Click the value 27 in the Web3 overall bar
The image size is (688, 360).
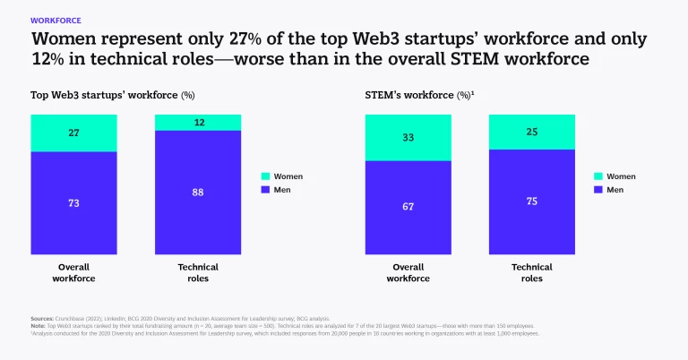[x=73, y=133]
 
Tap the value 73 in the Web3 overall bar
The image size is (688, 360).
[x=73, y=203]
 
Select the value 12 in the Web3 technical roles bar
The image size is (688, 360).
[x=198, y=122]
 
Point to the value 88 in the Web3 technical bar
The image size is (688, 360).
[x=198, y=192]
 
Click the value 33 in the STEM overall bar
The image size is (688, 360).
[x=408, y=137]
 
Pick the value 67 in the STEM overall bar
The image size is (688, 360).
[x=408, y=208]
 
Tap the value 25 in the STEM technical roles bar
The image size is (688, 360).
[x=531, y=132]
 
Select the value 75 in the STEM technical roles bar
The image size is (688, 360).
[x=531, y=201]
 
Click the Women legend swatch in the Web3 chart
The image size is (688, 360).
[x=265, y=176]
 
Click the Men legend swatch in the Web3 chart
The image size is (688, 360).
[x=265, y=190]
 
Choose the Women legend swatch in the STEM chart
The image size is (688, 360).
[x=598, y=176]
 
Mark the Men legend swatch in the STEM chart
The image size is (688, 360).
[x=598, y=190]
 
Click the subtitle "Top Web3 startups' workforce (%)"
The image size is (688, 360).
[x=113, y=94]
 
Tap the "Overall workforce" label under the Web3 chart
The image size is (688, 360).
[x=73, y=272]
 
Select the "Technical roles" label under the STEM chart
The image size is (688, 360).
[x=531, y=272]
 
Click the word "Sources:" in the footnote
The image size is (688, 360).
[x=41, y=318]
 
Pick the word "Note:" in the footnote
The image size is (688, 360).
[x=38, y=325]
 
